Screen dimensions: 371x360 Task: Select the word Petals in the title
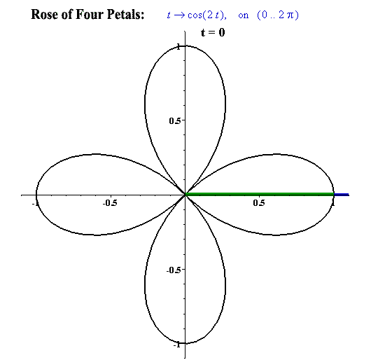pos(125,15)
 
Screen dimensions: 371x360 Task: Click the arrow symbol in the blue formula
pos(179,15)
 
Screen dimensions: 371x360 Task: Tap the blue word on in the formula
pos(243,16)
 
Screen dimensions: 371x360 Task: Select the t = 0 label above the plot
pos(213,32)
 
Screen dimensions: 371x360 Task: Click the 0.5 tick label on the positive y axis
pos(175,121)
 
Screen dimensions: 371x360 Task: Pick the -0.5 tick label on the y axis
pos(174,270)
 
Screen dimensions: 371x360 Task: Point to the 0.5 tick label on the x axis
pos(259,203)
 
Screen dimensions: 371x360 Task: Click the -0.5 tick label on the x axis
pos(110,203)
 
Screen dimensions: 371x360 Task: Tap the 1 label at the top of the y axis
pos(178,47)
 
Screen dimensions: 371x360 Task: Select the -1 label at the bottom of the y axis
pos(177,345)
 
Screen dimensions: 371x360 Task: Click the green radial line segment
pos(260,194)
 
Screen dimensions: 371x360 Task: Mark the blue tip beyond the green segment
pos(342,195)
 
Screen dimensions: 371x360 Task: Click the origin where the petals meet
pos(185,195)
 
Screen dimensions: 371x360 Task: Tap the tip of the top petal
pos(185,46)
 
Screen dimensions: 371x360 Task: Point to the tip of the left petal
pos(36,195)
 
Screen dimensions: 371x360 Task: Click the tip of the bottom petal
pos(185,343)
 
